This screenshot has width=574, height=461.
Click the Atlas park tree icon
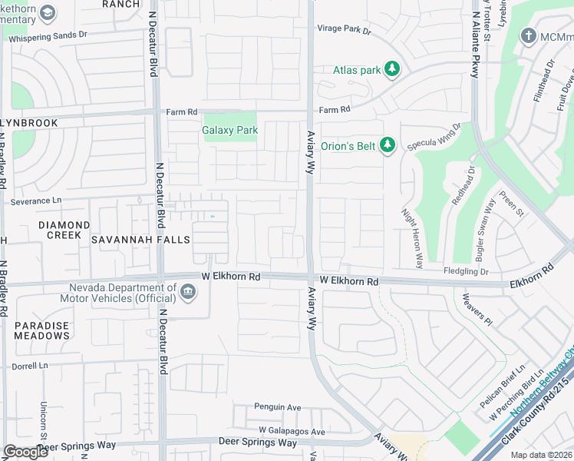point(392,70)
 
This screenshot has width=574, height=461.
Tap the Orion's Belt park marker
point(388,145)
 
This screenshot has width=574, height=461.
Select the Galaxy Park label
point(229,130)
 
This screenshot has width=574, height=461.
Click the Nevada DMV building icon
point(187,290)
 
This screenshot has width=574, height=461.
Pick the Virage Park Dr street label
point(345,31)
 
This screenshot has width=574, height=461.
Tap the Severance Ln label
point(35,201)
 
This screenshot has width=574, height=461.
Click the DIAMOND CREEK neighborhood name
point(64,230)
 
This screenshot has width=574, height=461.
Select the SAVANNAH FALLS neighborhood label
point(140,240)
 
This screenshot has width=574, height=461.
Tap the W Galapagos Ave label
point(291,431)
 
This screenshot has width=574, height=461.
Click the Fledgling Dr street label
point(466,271)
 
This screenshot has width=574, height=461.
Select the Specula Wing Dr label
point(434,138)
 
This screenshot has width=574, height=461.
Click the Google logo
point(25,452)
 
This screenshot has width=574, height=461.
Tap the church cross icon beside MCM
point(528,36)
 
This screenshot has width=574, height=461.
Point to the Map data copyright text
point(540,455)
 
